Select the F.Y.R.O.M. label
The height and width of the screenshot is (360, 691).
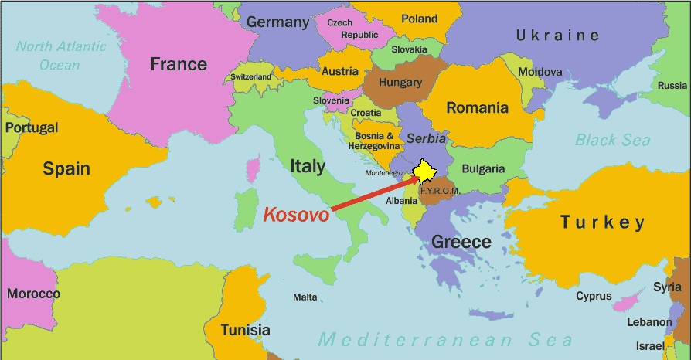[x=440, y=190]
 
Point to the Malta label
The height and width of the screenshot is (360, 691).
[x=305, y=297]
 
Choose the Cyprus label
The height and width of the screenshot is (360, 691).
[x=594, y=296]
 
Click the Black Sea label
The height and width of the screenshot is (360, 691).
[x=612, y=140]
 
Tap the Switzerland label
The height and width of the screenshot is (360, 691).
[x=251, y=77]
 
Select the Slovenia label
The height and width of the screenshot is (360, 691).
[x=331, y=100]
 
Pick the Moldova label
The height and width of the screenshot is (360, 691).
[x=540, y=72]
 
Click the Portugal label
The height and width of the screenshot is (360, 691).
[x=31, y=127]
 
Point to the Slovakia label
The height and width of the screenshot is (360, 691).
[x=409, y=50]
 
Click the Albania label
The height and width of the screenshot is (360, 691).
[x=402, y=201]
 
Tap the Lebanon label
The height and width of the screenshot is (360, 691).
[x=648, y=321]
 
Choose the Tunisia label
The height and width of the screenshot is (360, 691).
[x=245, y=331]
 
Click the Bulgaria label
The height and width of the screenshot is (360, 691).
[x=483, y=168]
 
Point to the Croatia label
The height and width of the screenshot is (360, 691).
[x=366, y=113]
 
